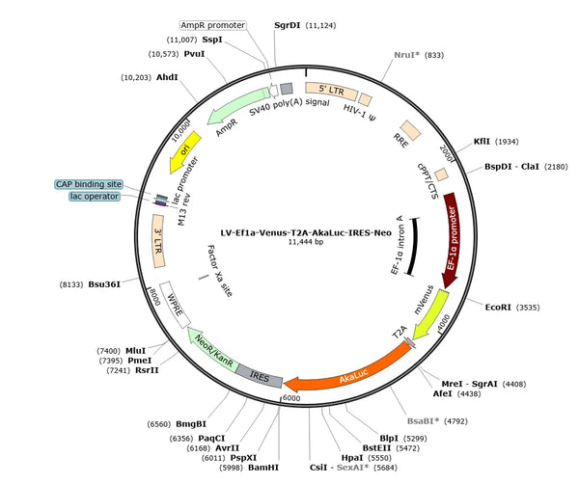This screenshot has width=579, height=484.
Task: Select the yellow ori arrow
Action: (185, 151)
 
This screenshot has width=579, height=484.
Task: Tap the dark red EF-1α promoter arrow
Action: (453, 240)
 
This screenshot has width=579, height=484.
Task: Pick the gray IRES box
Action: (260, 376)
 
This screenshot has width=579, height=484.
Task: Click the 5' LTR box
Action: (331, 91)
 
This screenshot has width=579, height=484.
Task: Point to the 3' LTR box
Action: (158, 241)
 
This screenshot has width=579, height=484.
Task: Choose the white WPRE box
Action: (175, 305)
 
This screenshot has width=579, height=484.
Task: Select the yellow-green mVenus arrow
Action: (430, 314)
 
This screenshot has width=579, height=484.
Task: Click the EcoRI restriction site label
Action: (498, 308)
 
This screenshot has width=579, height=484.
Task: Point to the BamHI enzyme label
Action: (263, 468)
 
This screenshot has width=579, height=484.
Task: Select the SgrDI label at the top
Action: (288, 25)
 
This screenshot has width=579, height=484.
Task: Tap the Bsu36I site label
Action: (104, 284)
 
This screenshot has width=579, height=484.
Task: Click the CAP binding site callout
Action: (89, 184)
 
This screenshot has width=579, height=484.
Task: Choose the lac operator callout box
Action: (95, 197)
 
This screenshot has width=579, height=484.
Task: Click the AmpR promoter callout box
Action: (212, 25)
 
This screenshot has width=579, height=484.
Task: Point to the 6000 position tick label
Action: (291, 398)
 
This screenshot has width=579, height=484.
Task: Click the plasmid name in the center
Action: (306, 232)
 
